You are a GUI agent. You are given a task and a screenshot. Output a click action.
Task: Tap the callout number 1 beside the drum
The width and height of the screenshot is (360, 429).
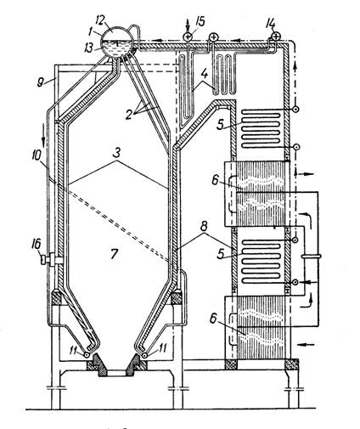[x=90, y=31]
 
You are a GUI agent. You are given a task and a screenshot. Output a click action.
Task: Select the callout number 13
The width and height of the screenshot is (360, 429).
[x=89, y=48]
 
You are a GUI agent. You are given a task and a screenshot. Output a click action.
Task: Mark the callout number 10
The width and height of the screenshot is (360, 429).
[x=37, y=155]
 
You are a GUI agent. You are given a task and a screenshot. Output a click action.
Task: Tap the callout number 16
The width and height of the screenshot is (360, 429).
[x=37, y=244]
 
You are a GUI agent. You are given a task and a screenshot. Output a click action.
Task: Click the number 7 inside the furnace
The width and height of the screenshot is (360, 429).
[x=113, y=253]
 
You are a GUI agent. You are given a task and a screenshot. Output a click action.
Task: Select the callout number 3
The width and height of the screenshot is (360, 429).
[x=117, y=153]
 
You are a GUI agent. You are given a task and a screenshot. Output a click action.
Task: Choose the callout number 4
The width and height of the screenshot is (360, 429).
[x=205, y=74]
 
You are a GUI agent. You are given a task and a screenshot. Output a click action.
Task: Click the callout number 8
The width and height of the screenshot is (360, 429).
[x=204, y=227]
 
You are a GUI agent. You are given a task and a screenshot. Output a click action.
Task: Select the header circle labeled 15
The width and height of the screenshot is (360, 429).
[x=187, y=37]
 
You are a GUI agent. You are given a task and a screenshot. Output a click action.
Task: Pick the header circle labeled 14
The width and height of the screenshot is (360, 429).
[x=275, y=36]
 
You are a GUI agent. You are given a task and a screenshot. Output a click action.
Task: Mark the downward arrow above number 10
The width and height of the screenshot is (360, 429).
[x=43, y=138]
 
